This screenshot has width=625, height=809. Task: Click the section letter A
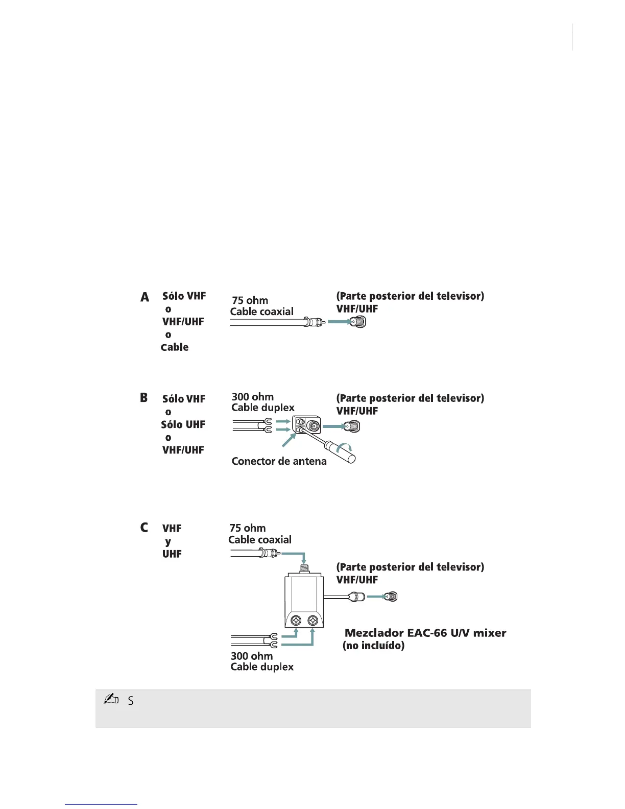click(145, 297)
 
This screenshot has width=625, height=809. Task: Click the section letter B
click(144, 397)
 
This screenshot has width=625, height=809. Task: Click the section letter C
click(145, 527)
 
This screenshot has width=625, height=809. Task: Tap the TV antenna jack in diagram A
click(358, 322)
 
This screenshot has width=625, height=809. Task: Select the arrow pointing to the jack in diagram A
click(338, 322)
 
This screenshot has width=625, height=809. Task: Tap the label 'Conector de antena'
click(279, 461)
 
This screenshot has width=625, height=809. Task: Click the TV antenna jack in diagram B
click(352, 425)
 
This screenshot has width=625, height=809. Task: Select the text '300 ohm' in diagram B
click(252, 397)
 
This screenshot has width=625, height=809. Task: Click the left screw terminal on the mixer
click(296, 621)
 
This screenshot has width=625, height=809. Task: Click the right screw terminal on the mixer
click(312, 621)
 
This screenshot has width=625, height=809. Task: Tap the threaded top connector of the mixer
click(304, 567)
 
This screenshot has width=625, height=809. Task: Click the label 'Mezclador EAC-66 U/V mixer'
click(425, 633)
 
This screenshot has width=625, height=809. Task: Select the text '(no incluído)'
click(373, 646)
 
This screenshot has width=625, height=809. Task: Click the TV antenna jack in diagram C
click(391, 596)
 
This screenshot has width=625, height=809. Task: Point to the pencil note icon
click(111, 699)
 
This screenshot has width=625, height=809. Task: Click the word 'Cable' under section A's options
click(175, 347)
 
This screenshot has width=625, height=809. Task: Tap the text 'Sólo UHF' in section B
click(183, 424)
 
